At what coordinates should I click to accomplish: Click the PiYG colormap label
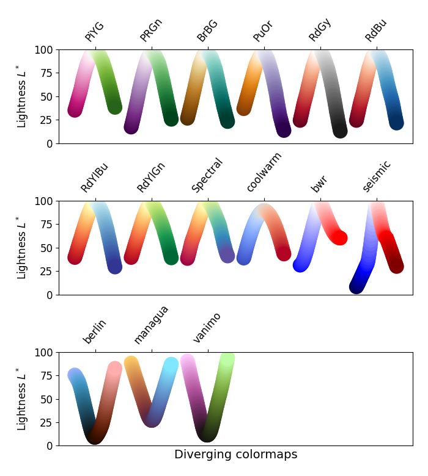[x=94, y=32]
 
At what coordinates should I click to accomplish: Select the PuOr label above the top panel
[x=262, y=32]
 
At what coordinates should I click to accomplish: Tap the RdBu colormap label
[x=375, y=31]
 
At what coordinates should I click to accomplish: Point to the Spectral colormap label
[x=207, y=176]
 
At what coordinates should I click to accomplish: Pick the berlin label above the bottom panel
[x=95, y=331]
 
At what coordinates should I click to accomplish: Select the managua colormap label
[x=150, y=325]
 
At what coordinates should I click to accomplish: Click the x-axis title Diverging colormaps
[x=235, y=455]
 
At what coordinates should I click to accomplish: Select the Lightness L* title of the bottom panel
[x=22, y=399]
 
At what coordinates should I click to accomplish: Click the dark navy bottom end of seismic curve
[x=357, y=286]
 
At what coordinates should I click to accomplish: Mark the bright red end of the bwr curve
[x=340, y=238]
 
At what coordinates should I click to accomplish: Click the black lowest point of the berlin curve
[x=94, y=437]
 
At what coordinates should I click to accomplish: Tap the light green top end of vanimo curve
[x=227, y=359]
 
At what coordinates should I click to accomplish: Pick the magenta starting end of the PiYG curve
[x=75, y=110]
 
